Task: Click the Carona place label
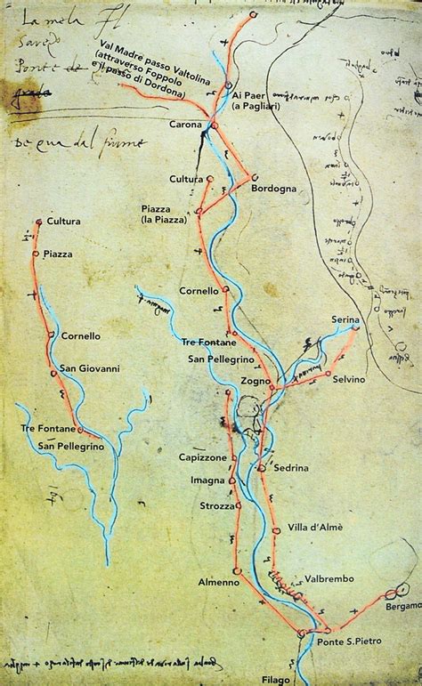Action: coord(186,125)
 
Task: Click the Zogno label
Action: coord(255,381)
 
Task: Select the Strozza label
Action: coord(216,505)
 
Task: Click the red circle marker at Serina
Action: coord(356,327)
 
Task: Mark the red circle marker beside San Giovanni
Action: coord(53,374)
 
